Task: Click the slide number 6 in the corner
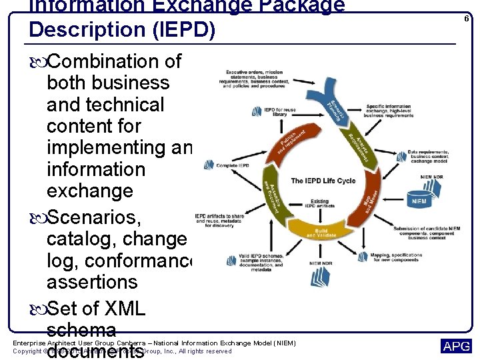[x=467, y=19]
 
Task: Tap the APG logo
[x=456, y=346]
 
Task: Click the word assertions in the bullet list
[x=92, y=282]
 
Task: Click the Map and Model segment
[x=369, y=203]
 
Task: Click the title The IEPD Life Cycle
[x=323, y=181]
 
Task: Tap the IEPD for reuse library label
[x=280, y=111]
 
